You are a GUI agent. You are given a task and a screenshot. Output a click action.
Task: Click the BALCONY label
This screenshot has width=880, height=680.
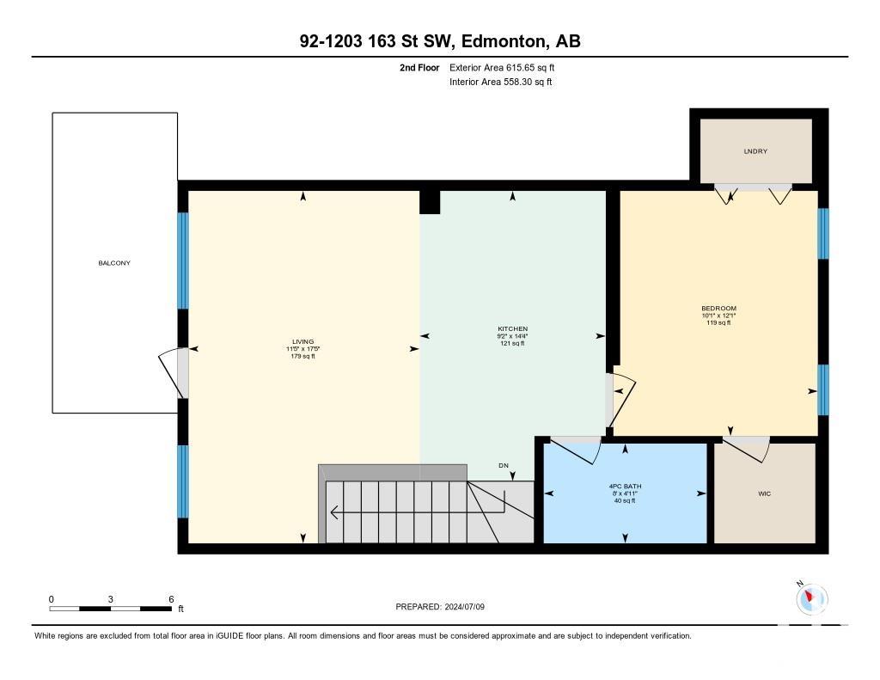[114, 263]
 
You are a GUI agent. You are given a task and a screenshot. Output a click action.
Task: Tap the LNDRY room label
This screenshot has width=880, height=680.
[755, 151]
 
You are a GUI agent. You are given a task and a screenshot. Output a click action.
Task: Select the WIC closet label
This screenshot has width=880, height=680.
[764, 493]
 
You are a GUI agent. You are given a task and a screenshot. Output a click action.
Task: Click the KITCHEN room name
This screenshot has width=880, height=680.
[512, 328]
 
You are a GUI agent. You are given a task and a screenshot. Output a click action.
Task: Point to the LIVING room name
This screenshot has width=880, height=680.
[303, 341]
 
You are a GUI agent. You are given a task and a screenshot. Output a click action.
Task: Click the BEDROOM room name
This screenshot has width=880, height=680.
[719, 309]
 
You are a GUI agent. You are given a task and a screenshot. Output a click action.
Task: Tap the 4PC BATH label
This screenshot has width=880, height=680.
[626, 487]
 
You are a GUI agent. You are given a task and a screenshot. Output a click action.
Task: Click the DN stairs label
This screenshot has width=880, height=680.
[504, 465]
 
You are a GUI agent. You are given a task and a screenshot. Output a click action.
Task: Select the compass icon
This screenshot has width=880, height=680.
[810, 598]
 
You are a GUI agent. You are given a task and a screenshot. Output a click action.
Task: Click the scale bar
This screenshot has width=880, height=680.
[110, 608]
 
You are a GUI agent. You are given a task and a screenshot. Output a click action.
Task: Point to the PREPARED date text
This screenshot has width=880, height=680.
[440, 606]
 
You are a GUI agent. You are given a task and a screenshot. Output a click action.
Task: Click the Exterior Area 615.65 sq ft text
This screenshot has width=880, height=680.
[502, 67]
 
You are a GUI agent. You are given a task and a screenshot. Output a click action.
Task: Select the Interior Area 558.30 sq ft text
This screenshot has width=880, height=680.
[501, 82]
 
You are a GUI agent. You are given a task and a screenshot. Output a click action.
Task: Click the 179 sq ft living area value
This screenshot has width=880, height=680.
[303, 356]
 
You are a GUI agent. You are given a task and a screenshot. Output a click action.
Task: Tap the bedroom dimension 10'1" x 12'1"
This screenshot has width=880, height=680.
[719, 315]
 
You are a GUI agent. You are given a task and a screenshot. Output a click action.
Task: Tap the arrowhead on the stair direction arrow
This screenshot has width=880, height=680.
[334, 512]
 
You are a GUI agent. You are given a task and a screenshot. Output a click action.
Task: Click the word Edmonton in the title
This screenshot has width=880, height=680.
[504, 41]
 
